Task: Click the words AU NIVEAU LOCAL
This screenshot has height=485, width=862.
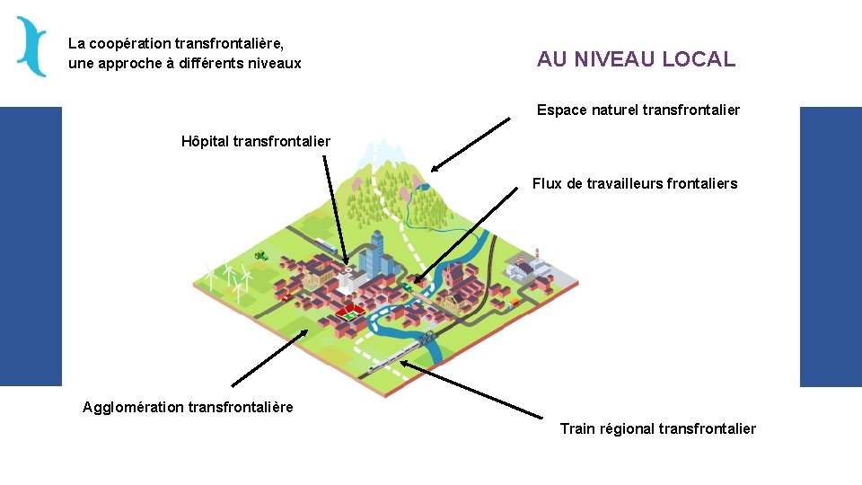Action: [x=636, y=59]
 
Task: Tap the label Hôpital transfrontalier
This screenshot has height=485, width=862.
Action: [x=256, y=141]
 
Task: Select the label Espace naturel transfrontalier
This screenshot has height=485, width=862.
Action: [x=638, y=110]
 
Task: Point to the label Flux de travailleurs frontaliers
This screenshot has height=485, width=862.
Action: [x=634, y=183]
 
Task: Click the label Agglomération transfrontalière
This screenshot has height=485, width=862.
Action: [x=188, y=407]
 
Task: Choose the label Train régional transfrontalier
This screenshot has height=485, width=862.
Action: [x=657, y=428]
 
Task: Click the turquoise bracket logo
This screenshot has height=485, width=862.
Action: [x=31, y=47]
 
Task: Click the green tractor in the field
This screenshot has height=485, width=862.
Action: [x=260, y=254]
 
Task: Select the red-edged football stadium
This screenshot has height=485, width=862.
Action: [x=347, y=313]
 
